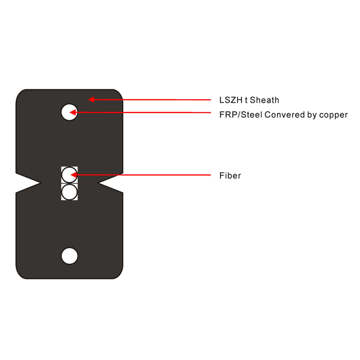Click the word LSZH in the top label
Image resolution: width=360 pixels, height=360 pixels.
[231, 100]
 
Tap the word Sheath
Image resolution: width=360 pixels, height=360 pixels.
[264, 100]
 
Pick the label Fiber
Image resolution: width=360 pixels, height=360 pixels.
[230, 175]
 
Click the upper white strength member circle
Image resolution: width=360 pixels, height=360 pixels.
[69, 112]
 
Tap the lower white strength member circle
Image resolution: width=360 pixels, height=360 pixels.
[70, 256]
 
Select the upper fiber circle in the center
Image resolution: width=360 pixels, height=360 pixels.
[69, 175]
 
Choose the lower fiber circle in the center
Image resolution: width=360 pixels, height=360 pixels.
[69, 192]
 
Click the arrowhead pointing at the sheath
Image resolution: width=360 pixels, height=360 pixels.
[91, 100]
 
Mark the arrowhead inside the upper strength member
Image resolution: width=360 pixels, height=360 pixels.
[73, 112]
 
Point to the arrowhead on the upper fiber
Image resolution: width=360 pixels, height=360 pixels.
[74, 175]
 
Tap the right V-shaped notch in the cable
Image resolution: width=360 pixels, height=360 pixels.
[110, 183]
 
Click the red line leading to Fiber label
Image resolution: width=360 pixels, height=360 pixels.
[141, 175]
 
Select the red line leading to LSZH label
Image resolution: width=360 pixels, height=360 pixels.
[150, 100]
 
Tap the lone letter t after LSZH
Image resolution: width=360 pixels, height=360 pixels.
[246, 100]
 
